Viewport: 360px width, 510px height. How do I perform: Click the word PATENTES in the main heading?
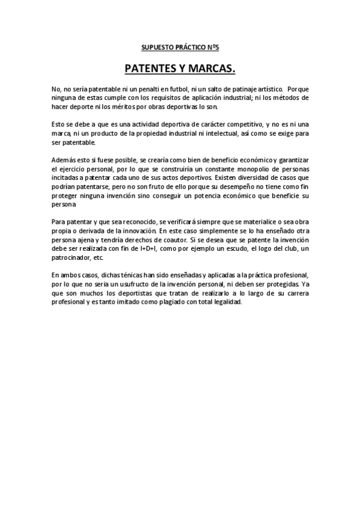pos(150,69)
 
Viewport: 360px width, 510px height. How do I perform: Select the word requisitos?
pos(161,97)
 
